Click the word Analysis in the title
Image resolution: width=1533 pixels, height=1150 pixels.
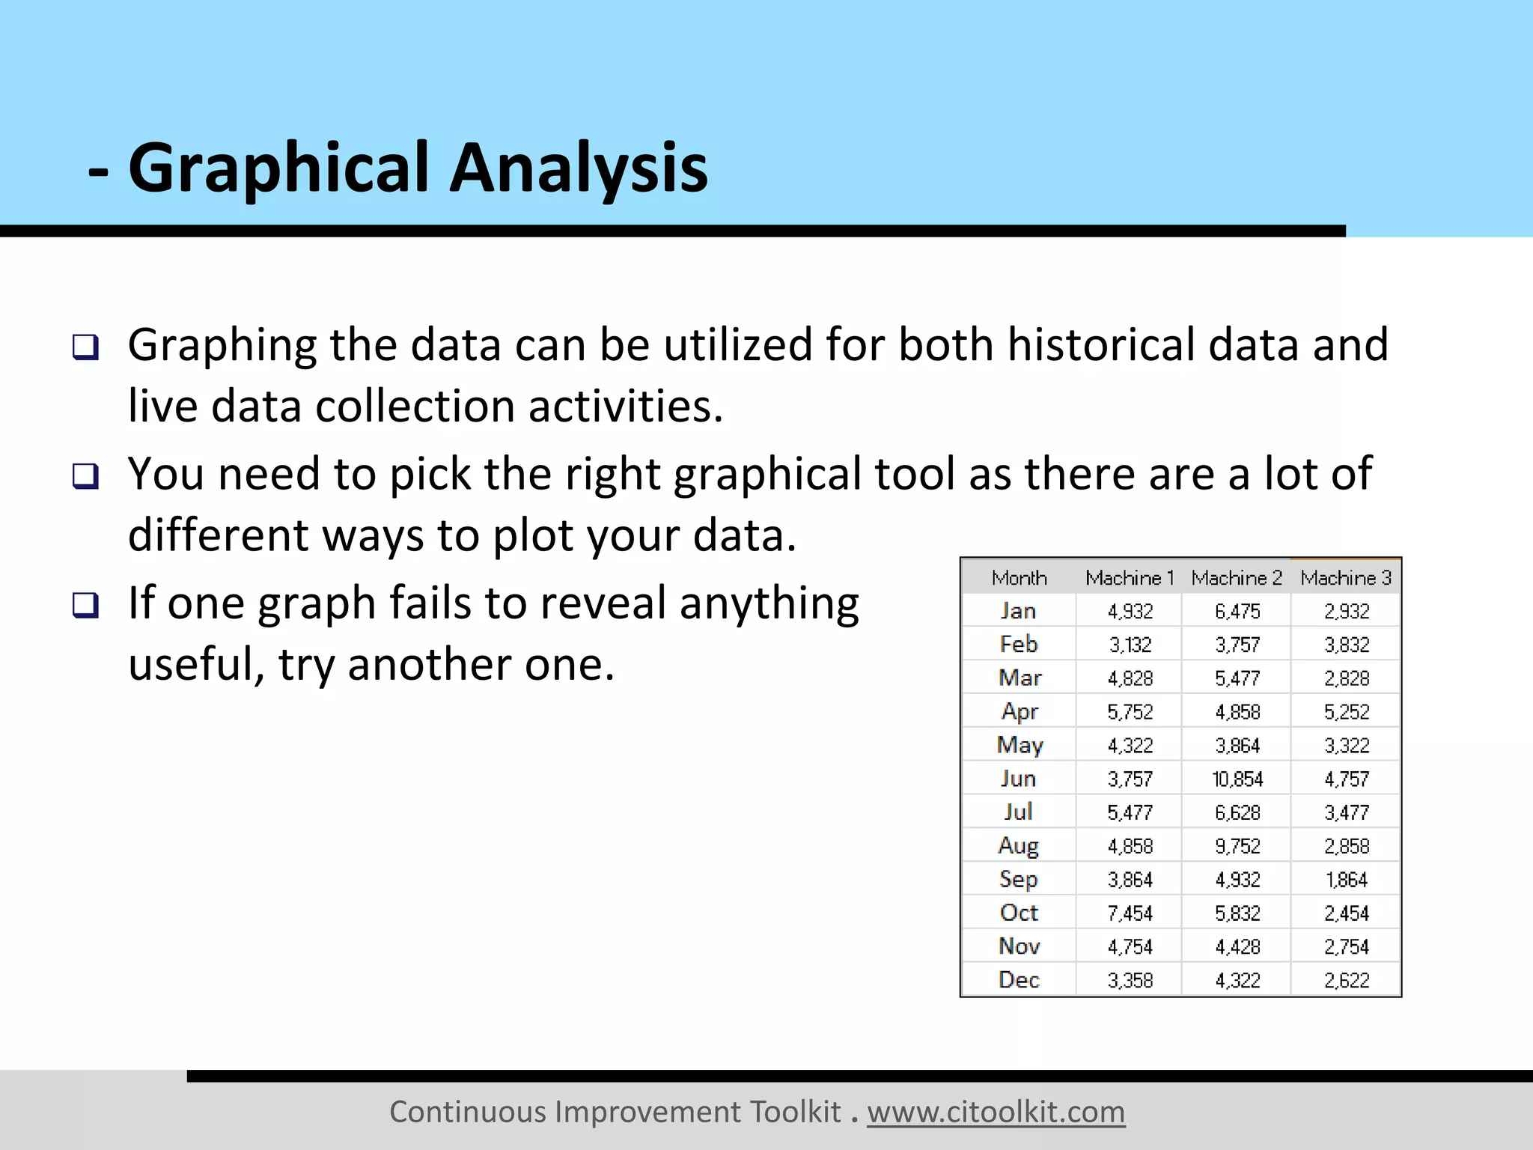coord(578,168)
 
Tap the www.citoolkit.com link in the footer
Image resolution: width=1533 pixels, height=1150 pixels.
coord(996,1112)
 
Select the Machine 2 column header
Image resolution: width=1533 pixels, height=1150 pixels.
coord(1237,578)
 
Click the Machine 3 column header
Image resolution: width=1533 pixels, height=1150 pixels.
coord(1346,578)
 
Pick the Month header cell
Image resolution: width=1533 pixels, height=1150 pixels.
coord(1019,578)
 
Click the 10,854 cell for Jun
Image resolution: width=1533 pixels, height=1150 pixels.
coord(1237,779)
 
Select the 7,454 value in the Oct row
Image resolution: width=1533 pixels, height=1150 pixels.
coord(1130,913)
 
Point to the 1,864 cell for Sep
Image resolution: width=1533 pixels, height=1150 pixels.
coord(1346,880)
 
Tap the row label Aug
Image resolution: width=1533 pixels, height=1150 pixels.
coord(1019,846)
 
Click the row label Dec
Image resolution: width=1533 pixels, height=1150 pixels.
coord(1019,980)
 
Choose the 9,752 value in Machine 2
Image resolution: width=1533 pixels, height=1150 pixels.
coord(1237,846)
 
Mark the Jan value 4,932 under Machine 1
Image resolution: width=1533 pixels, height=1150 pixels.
coord(1130,612)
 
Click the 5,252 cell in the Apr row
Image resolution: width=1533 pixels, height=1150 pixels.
coord(1346,712)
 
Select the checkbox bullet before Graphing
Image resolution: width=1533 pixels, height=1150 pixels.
coord(85,347)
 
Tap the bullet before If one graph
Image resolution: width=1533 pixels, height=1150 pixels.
coord(85,605)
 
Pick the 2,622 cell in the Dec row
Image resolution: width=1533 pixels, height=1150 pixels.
coord(1346,980)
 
